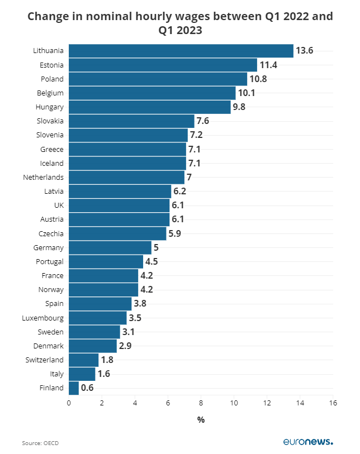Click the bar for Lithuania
pos(181,51)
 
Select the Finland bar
pos(74,388)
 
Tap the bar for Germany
pos(110,247)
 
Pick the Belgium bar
pos(152,93)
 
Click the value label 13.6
pos(305,51)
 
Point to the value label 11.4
pos(268,65)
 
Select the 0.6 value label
pos(87,388)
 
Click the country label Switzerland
pos(45,360)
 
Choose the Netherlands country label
pos(43,177)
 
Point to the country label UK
pos(59,206)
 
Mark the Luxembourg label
pos(42,318)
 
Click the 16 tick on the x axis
pos(333,403)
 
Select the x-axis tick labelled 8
pos(201,403)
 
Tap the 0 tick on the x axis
pos(69,403)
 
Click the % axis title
pos(201,419)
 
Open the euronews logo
pos(307,442)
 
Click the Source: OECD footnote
pos(40,443)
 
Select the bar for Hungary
pos(150,107)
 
